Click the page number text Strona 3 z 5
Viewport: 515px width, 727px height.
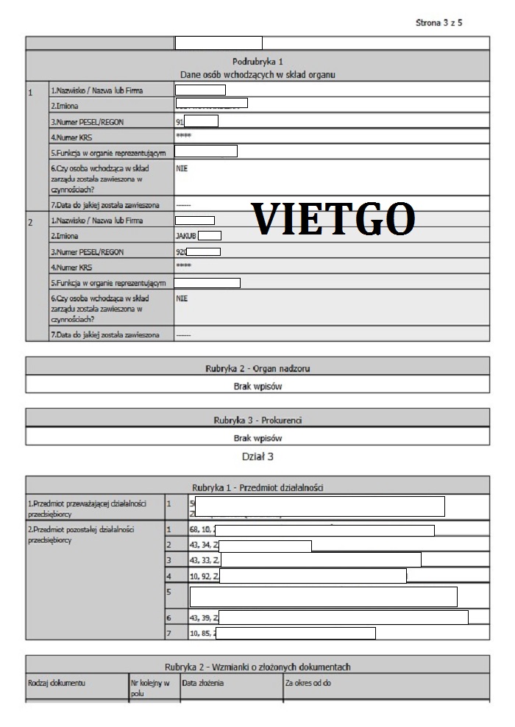click(438, 24)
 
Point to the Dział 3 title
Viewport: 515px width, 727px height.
click(257, 457)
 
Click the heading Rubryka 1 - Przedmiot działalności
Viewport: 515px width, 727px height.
click(257, 487)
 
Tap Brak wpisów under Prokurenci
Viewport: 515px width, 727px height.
click(257, 437)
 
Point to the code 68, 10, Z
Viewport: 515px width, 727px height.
click(201, 530)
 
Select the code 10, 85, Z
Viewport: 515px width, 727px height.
click(202, 633)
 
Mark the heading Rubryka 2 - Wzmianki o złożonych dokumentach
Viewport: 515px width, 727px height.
click(257, 666)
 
